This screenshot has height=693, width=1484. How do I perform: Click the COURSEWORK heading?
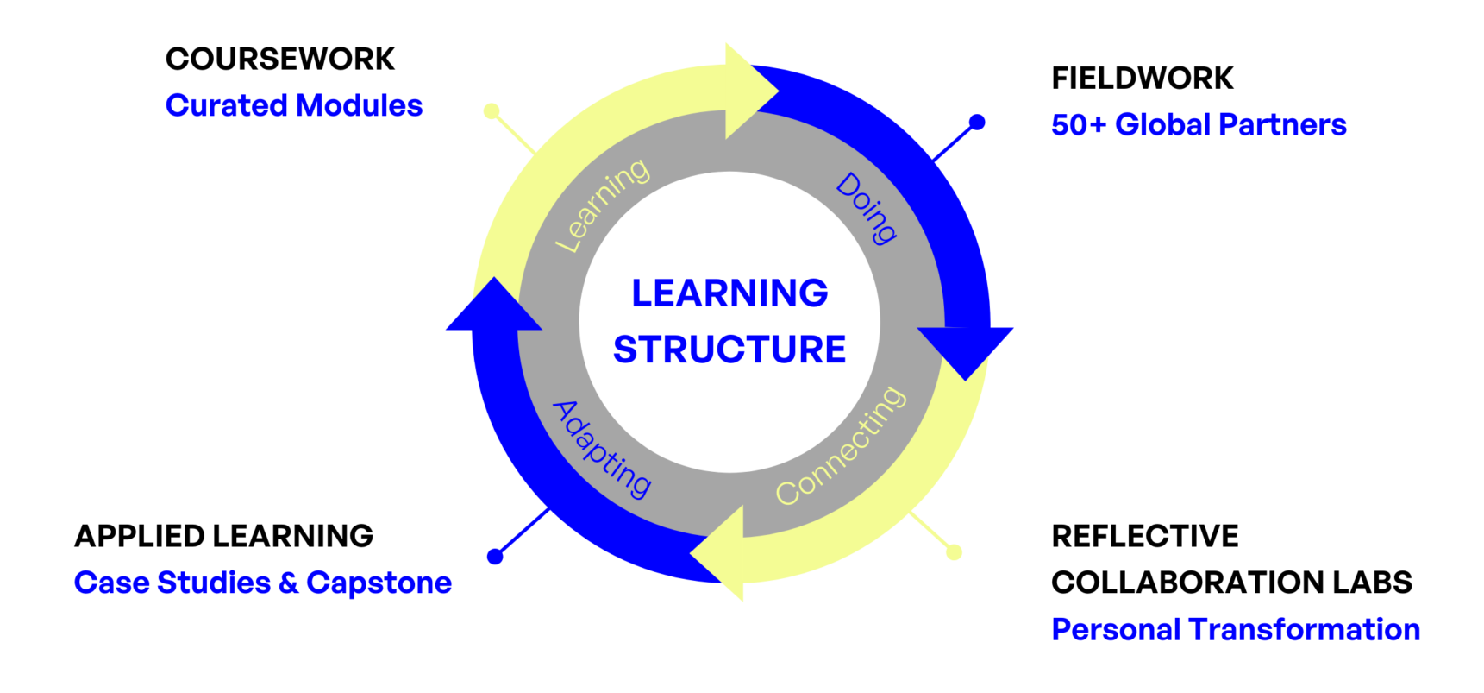point(280,60)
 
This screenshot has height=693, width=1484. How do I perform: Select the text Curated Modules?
point(294,105)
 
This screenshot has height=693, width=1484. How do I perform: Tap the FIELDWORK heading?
point(1143,79)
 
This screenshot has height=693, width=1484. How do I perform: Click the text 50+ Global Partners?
point(1199,125)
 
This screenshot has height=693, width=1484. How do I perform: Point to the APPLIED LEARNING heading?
point(224,536)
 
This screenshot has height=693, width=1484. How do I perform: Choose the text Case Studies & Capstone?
point(263,583)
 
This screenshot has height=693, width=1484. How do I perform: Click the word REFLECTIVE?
point(1145,536)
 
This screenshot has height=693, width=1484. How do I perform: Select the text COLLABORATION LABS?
point(1232,583)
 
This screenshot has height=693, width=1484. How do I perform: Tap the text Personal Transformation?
point(1236,629)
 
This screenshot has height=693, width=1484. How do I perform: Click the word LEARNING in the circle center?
point(729,293)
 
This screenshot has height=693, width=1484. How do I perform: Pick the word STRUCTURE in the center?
point(729,350)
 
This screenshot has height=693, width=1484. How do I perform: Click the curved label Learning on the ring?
point(602,205)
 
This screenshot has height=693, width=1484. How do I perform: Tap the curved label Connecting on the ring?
point(842,445)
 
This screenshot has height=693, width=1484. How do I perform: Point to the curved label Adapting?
point(602,449)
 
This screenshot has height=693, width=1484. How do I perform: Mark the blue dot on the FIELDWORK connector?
point(977,123)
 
